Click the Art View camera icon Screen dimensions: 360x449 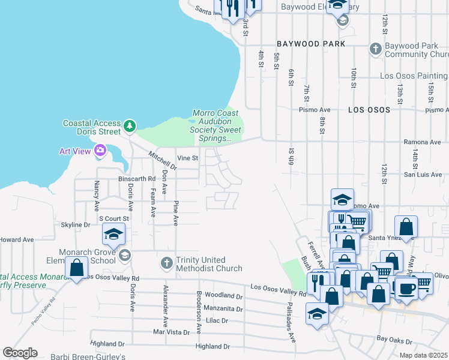click(x=100, y=151)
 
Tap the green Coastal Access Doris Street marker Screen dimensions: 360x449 click(x=130, y=127)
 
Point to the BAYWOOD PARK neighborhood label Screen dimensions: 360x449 click(x=311, y=44)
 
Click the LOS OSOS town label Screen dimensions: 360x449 click(x=369, y=110)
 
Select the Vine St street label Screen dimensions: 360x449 click(x=187, y=158)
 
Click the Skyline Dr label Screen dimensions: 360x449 click(x=75, y=224)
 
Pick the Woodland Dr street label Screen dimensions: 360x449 click(x=223, y=295)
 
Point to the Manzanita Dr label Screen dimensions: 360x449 click(x=223, y=309)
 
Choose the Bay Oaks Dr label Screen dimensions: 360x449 click(x=394, y=339)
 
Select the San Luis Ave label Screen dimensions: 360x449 click(x=423, y=175)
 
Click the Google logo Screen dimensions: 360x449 click(x=20, y=353)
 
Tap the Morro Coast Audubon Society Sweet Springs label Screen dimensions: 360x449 click(x=215, y=125)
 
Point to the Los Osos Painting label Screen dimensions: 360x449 click(x=414, y=76)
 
